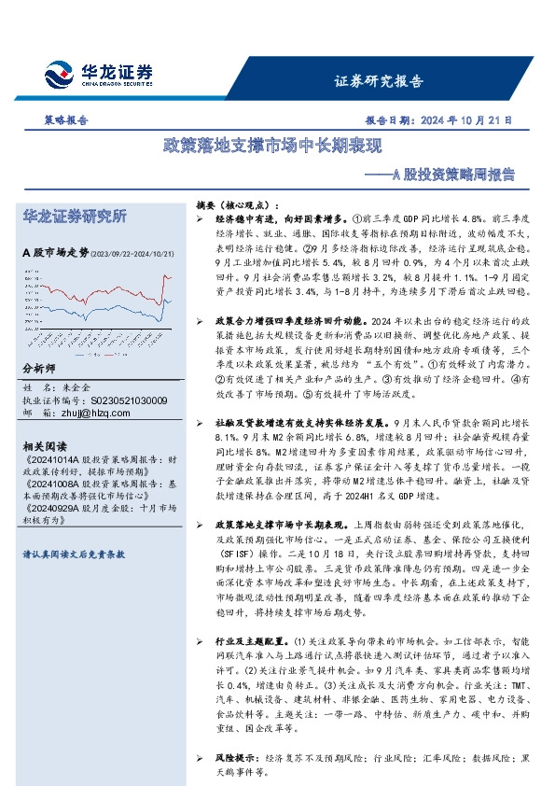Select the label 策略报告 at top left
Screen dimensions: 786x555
point(66,120)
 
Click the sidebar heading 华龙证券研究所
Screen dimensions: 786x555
point(74,217)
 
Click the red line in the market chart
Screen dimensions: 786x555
point(167,278)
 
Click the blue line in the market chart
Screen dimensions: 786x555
point(167,301)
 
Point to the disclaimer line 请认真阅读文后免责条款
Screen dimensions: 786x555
point(73,554)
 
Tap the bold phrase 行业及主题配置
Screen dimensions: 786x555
point(251,641)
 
